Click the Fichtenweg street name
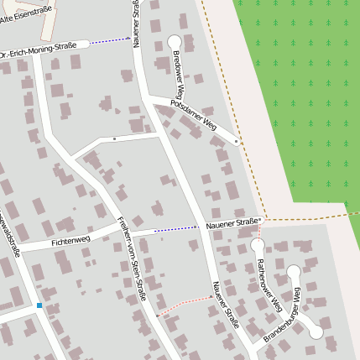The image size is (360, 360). tap(70, 241)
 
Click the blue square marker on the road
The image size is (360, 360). tap(39, 305)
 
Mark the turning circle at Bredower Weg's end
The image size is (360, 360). tap(175, 41)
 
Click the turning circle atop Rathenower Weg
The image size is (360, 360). tap(258, 245)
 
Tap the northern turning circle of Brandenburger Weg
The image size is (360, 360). tap(294, 271)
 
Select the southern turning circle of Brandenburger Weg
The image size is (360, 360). tap(316, 332)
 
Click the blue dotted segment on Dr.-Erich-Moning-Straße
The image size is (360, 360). tap(110, 39)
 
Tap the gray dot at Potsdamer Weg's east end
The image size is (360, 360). tap(237, 143)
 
